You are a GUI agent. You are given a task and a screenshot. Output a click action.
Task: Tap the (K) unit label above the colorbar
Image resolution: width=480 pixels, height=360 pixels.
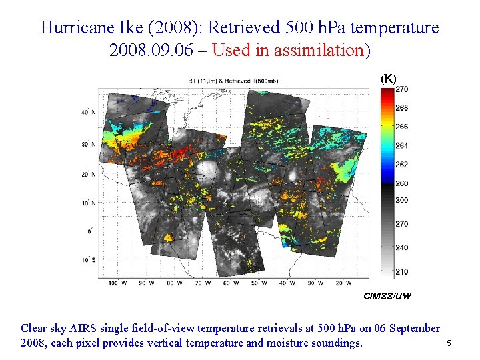(x=388, y=79)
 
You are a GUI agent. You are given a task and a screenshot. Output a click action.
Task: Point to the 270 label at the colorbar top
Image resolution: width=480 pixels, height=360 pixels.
(x=403, y=89)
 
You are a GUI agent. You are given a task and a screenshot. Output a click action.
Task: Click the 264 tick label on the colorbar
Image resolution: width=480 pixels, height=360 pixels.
(x=403, y=145)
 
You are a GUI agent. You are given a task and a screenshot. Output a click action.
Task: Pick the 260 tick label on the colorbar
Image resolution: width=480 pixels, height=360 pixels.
(x=403, y=183)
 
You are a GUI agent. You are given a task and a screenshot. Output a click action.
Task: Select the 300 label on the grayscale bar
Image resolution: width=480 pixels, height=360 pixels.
(x=403, y=200)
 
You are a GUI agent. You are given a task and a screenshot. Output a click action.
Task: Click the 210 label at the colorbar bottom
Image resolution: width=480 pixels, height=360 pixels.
(x=403, y=271)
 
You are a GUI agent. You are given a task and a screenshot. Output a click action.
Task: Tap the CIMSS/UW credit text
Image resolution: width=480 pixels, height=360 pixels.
(x=387, y=295)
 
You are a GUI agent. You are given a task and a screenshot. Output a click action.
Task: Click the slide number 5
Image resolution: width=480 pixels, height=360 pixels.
(x=449, y=343)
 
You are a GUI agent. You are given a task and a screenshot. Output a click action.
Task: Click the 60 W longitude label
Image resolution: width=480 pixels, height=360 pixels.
(x=227, y=283)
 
